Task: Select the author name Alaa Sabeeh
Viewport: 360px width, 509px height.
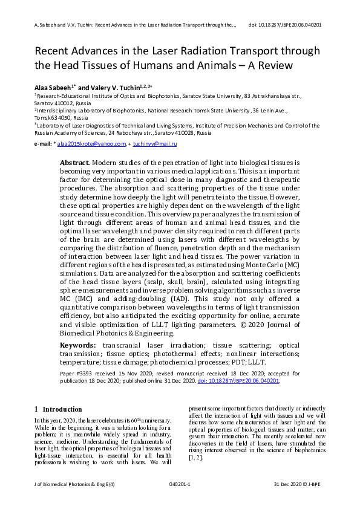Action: point(54,87)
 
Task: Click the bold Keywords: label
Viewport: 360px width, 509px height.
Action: point(78,345)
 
